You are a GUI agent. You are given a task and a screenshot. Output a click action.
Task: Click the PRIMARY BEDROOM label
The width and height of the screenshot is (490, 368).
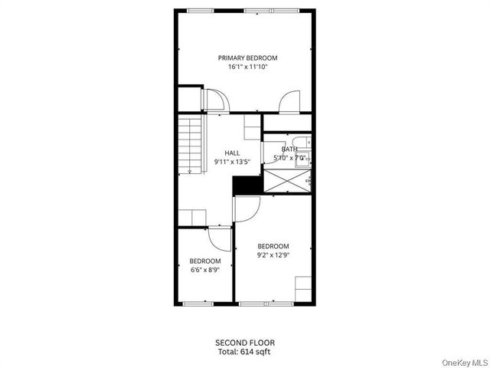click(247, 58)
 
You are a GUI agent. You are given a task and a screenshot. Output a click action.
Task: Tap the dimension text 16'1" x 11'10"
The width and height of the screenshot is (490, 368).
click(247, 67)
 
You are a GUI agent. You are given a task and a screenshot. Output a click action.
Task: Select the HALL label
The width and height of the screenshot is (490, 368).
click(232, 153)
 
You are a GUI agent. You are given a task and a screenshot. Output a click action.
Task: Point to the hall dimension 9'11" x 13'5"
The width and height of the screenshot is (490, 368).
click(232, 162)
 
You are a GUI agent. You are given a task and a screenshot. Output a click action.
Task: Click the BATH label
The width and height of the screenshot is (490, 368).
click(289, 149)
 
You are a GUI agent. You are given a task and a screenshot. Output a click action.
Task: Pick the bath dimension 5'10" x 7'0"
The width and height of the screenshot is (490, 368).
click(289, 158)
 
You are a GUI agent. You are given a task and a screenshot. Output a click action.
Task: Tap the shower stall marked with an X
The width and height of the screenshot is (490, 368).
click(287, 181)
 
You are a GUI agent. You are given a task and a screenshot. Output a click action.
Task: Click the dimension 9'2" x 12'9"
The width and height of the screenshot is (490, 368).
click(273, 255)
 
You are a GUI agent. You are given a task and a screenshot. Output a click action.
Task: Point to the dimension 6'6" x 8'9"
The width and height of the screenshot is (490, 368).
click(205, 270)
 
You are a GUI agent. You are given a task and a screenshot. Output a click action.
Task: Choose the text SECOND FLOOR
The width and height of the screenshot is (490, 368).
click(244, 342)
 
